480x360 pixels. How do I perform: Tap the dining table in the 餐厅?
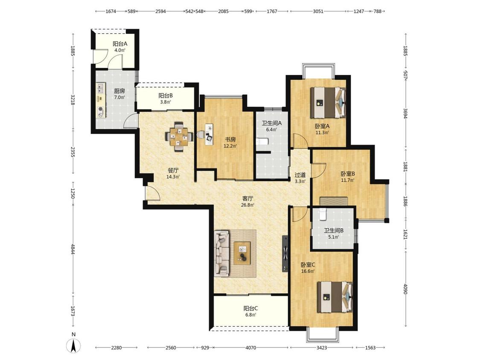179,136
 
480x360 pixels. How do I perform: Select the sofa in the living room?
221,253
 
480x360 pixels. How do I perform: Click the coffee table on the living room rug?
242,253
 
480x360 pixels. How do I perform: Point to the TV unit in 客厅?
285,253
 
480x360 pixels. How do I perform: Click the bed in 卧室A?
328,103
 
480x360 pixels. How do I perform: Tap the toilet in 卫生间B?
323,214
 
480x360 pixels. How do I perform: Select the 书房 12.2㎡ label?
230,142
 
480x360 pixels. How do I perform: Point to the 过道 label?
300,175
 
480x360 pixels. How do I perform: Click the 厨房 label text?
119,91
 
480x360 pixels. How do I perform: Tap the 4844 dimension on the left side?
73,249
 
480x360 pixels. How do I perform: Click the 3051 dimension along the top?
318,12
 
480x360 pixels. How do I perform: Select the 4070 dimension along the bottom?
251,348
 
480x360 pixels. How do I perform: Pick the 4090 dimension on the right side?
406,289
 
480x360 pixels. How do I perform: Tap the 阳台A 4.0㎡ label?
120,47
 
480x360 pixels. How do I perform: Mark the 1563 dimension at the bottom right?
370,348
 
